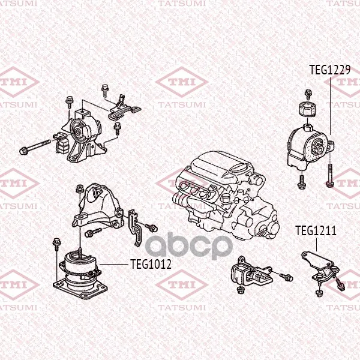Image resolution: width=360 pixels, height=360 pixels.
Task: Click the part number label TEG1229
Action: point(329,70)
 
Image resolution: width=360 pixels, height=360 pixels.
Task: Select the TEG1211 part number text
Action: point(316,231)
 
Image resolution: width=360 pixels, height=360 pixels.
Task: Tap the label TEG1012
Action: point(151,264)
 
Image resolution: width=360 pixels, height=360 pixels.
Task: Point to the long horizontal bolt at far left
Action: point(35,146)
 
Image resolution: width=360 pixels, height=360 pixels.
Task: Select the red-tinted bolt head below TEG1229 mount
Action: point(329,184)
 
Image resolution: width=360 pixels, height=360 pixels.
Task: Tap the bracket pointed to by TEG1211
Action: point(321,266)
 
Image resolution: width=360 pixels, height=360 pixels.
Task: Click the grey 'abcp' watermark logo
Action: point(189,245)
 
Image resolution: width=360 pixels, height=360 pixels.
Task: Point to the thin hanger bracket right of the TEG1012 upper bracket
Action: point(136,227)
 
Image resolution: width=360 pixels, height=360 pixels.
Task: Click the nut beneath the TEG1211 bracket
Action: point(319,293)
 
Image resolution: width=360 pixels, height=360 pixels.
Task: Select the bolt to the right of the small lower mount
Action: point(286,277)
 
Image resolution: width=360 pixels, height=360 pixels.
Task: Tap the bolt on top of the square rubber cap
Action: point(308,94)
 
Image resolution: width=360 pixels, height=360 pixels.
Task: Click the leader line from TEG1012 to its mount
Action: point(113,264)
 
